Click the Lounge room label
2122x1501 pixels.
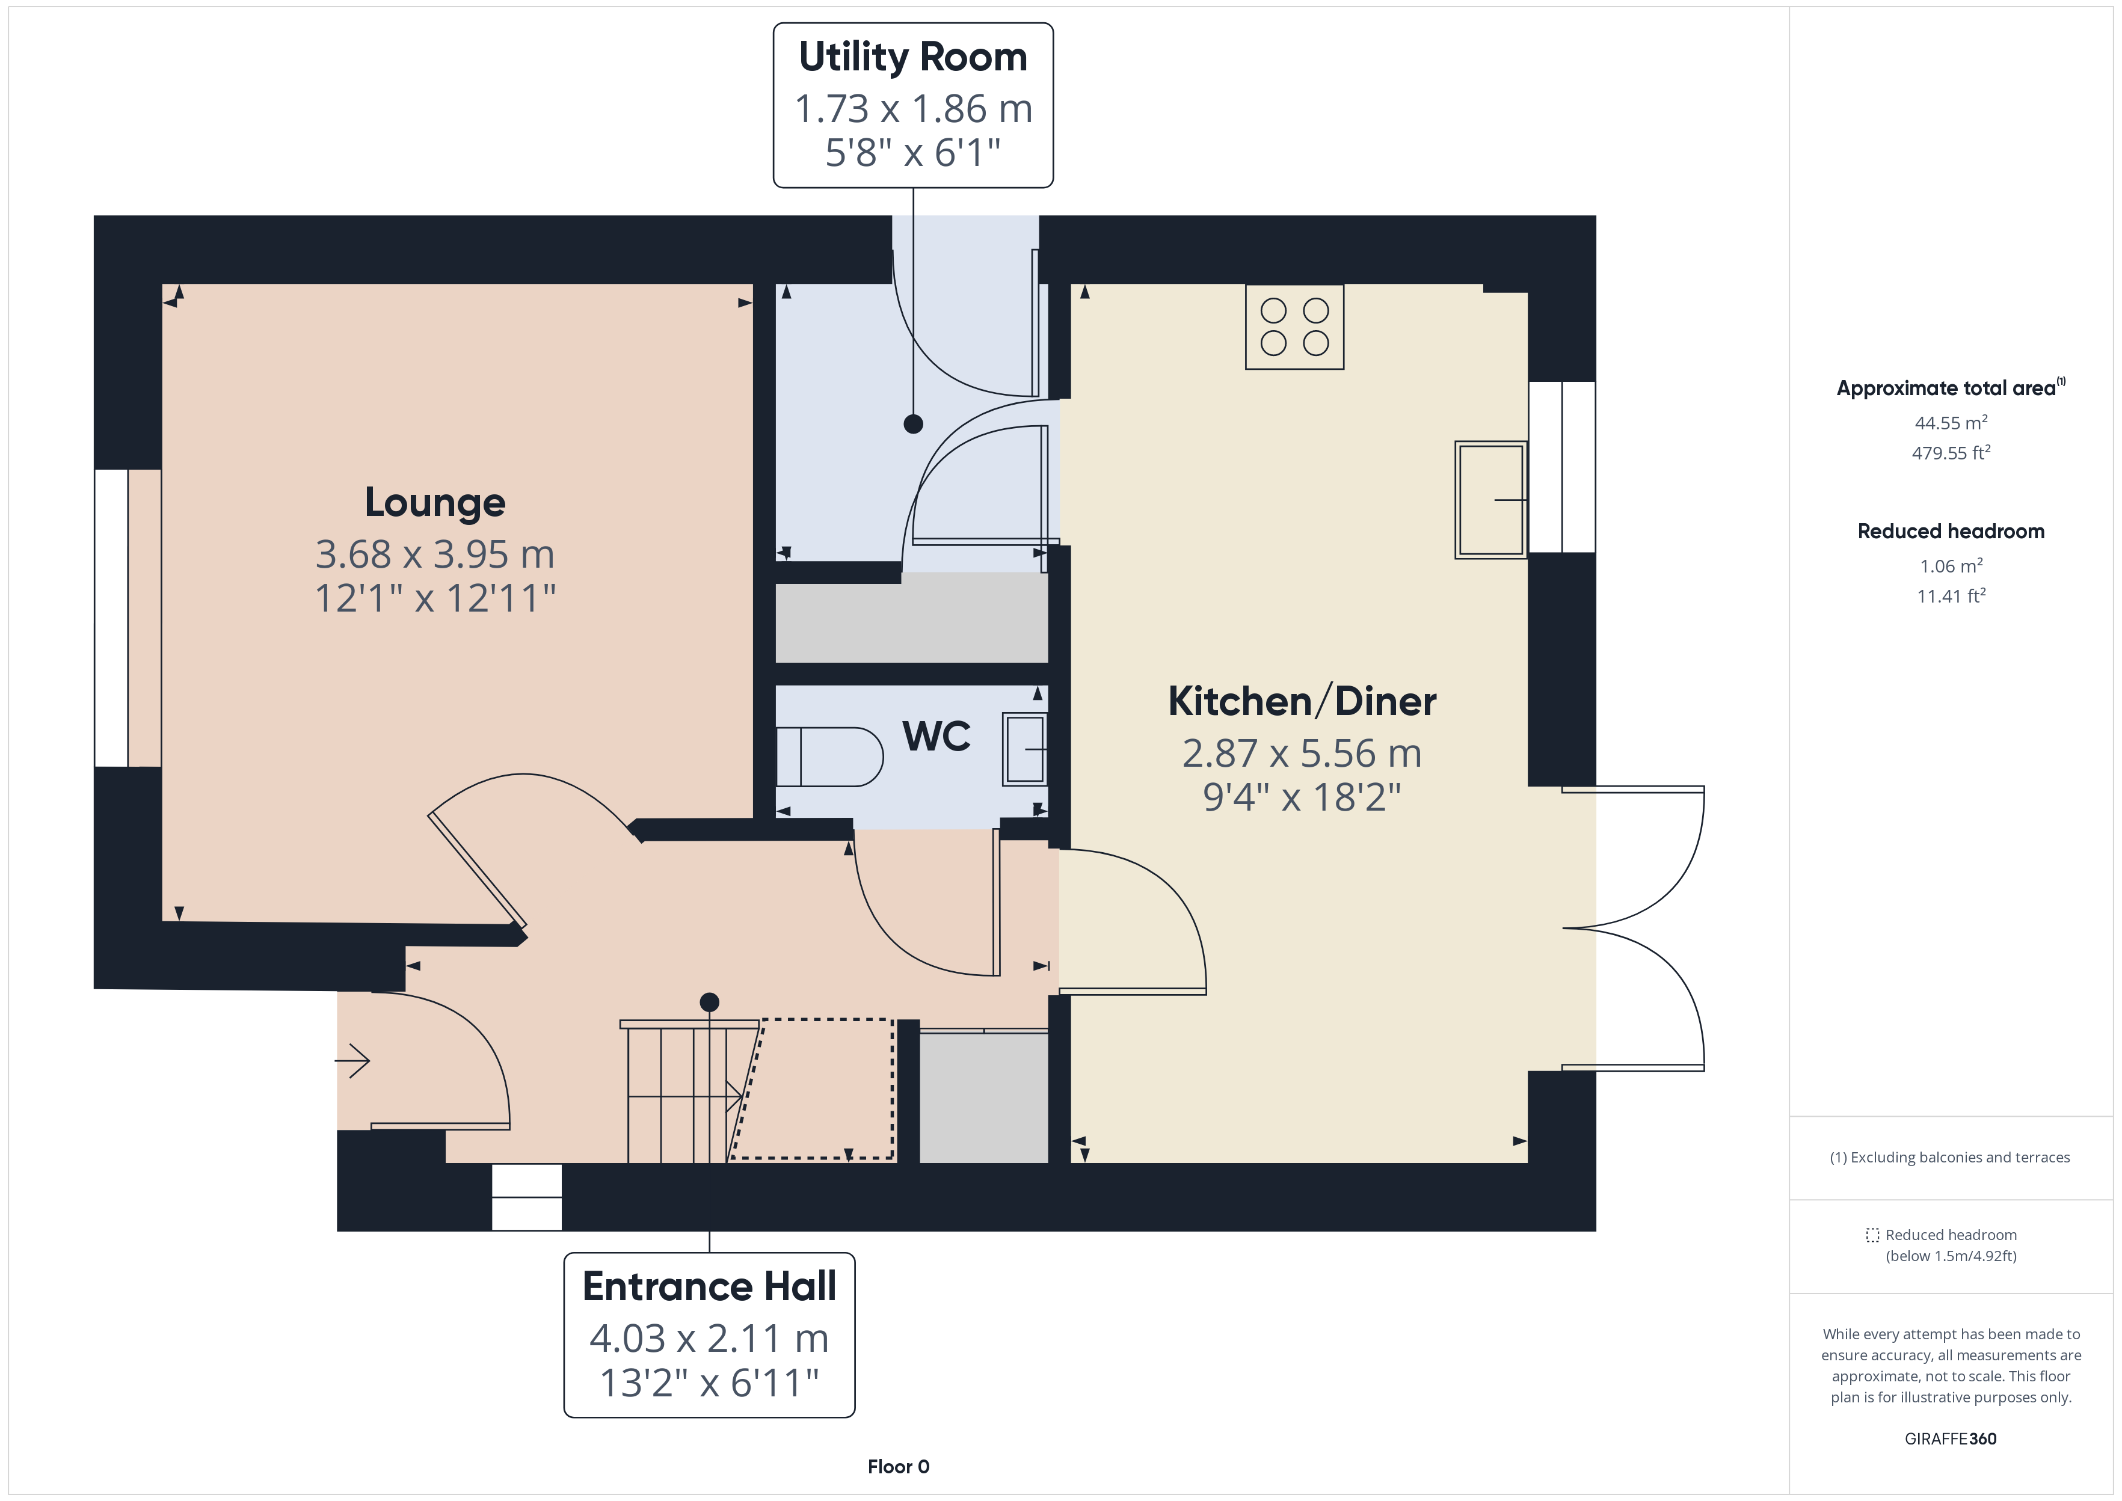[x=435, y=503]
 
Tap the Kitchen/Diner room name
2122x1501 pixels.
[x=1302, y=702]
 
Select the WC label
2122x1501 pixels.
[x=936, y=737]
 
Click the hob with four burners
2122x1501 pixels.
[x=1294, y=327]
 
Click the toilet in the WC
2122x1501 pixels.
[x=829, y=757]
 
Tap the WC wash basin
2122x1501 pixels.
[x=1025, y=749]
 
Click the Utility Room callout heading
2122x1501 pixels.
[x=913, y=57]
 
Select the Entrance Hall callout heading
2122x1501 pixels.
[x=710, y=1286]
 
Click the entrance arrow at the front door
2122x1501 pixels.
[x=352, y=1060]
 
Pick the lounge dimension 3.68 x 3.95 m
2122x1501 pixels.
[x=435, y=554]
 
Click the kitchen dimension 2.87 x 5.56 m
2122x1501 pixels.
[x=1302, y=754]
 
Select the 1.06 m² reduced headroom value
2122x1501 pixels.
[x=1951, y=566]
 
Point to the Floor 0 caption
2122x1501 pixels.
[x=899, y=1467]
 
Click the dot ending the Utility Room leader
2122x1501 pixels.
[x=913, y=424]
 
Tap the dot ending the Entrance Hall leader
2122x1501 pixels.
[x=710, y=1002]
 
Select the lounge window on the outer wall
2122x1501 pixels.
[x=112, y=618]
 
